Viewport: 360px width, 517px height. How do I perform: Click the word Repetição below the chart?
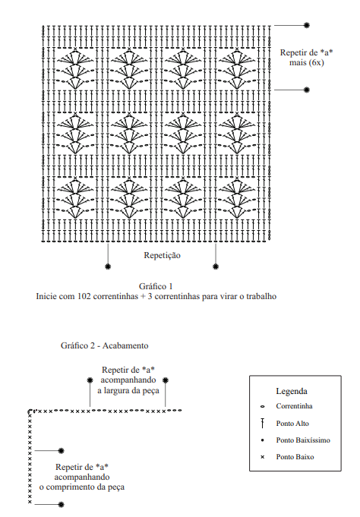162,256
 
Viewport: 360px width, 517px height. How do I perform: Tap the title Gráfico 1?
156,286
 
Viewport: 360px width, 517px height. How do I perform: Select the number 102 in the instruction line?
84,296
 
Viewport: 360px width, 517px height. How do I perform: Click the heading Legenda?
292,392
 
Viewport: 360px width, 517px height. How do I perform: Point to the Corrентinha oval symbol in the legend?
263,407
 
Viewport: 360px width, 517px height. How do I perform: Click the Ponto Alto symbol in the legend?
263,424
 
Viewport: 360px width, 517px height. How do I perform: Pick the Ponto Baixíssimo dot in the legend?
263,440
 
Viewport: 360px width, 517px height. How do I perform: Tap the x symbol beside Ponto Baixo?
263,457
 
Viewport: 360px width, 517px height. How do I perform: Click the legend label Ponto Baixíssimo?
303,440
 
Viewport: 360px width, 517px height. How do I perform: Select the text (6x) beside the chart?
316,63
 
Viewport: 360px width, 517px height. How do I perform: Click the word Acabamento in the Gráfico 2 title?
125,345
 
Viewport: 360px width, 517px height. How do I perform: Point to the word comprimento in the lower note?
83,487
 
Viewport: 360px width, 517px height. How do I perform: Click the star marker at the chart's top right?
307,25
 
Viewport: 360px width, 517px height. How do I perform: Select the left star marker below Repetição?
108,266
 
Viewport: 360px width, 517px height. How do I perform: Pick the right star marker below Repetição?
216,266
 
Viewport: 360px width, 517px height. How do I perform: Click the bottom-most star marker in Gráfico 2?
61,504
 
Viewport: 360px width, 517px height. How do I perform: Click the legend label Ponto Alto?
292,424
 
